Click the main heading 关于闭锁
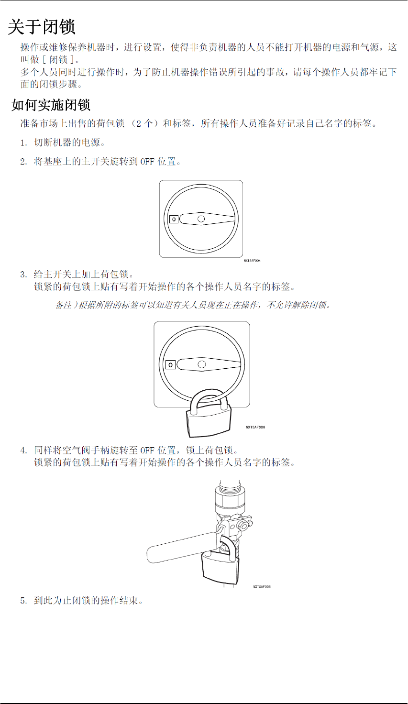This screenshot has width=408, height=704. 42,27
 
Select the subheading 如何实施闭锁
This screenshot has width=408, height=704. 51,105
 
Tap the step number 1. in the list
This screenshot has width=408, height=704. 23,143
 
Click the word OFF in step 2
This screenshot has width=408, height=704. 147,162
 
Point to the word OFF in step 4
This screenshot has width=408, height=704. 147,451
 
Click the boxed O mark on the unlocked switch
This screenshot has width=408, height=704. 174,219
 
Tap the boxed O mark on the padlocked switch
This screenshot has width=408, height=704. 170,365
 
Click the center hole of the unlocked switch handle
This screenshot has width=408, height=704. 201,219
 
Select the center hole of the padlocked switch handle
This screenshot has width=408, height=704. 202,364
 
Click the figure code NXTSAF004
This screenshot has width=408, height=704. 252,261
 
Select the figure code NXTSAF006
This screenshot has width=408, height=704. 255,427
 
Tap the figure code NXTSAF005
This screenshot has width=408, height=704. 262,587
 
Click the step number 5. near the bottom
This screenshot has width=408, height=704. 23,601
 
